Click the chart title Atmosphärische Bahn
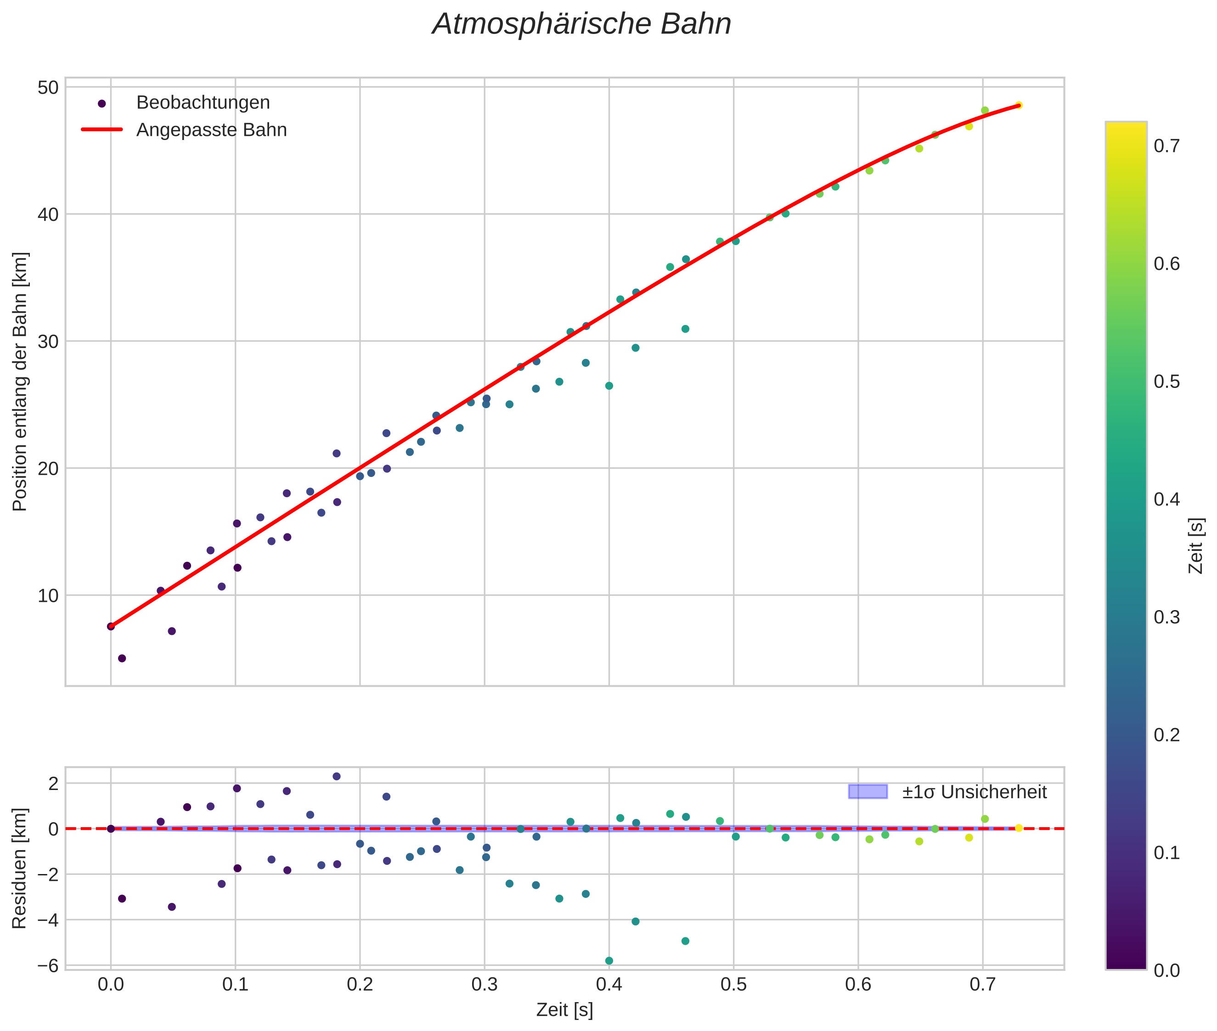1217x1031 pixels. (581, 24)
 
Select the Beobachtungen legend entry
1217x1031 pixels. (203, 103)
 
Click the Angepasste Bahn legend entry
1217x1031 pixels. (211, 130)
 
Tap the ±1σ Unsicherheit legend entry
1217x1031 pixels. (974, 792)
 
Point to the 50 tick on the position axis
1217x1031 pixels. (49, 88)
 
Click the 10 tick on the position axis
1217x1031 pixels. (49, 595)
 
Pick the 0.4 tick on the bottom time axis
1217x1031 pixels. (609, 985)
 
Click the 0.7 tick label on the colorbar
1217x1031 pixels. (1166, 146)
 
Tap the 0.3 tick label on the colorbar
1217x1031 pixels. (1166, 617)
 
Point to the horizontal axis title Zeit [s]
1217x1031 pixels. (564, 1010)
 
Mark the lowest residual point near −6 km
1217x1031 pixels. (609, 961)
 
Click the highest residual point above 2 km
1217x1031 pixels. (336, 776)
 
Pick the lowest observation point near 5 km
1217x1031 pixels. (122, 658)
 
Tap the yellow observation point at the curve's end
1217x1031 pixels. (1018, 105)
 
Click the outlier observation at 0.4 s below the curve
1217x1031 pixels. (609, 386)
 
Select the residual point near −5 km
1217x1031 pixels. (685, 941)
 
